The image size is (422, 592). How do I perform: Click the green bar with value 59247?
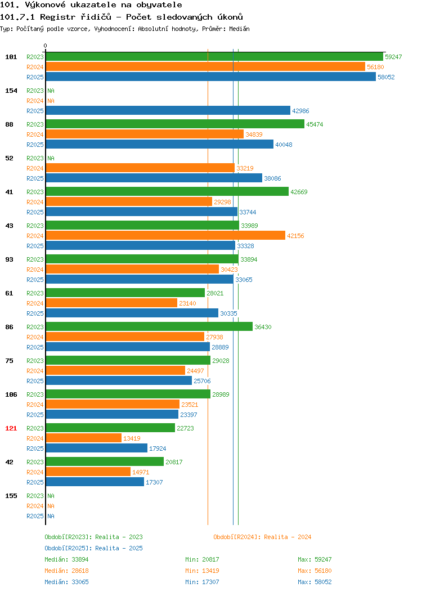tap(214, 57)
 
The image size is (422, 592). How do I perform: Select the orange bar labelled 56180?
tap(205, 67)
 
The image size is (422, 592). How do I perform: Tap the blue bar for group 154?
tap(168, 111)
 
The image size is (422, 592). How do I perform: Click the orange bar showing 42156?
tap(165, 236)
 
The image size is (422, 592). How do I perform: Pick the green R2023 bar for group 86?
tap(149, 327)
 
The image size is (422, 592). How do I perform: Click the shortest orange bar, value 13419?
tap(83, 438)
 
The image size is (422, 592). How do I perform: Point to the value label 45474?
tap(315, 124)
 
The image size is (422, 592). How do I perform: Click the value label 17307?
tap(154, 482)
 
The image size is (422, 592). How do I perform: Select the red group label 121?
tap(11, 428)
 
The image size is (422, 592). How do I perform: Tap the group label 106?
tap(11, 394)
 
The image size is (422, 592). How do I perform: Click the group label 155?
tap(11, 496)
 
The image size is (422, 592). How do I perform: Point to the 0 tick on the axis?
tap(46, 46)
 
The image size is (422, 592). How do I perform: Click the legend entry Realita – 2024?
tap(262, 537)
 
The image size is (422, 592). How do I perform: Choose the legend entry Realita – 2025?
tap(93, 548)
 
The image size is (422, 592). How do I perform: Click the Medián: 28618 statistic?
tap(66, 571)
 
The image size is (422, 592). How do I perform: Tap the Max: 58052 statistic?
tap(315, 582)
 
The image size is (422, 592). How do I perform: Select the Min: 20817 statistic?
tap(202, 559)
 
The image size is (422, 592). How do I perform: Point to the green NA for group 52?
tap(51, 158)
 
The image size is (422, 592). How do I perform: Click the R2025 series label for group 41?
tap(35, 212)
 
